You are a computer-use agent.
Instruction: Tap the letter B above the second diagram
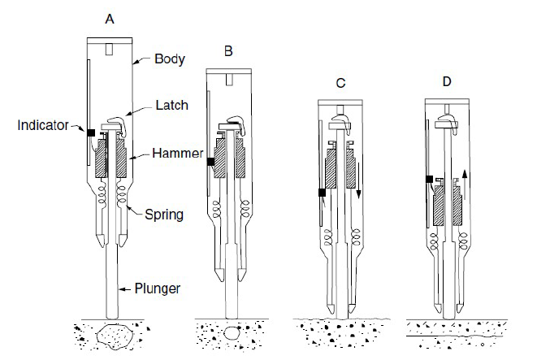(x=229, y=51)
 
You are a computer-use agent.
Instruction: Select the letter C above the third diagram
(x=341, y=83)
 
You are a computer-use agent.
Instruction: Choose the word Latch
(x=172, y=104)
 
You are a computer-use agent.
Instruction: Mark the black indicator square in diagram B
(x=210, y=162)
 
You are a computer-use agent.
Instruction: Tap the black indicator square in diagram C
(x=322, y=193)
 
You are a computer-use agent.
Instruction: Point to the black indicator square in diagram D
(x=429, y=179)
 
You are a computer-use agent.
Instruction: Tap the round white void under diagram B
(x=233, y=333)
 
